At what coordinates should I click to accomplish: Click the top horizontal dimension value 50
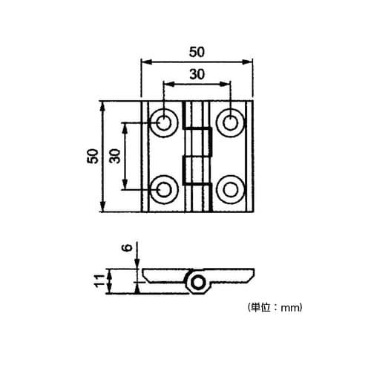coord(197,52)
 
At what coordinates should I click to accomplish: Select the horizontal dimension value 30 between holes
coord(197,74)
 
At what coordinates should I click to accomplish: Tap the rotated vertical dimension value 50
coord(93,156)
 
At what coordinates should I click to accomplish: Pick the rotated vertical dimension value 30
coord(114,156)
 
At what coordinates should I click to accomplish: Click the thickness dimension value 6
coord(128,248)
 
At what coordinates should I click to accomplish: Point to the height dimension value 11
coord(99,280)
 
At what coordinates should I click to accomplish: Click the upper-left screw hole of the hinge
coord(164,122)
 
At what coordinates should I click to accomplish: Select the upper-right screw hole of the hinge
coord(230,122)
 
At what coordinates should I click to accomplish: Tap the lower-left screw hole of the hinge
coord(164,189)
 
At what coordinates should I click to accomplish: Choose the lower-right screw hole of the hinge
coord(230,189)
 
